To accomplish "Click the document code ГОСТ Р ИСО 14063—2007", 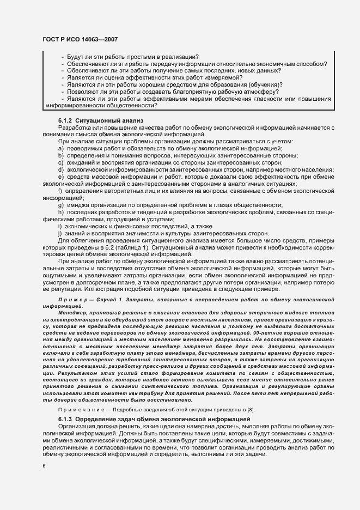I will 81,39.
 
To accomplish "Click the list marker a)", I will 60,148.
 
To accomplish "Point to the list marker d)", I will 60,169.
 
